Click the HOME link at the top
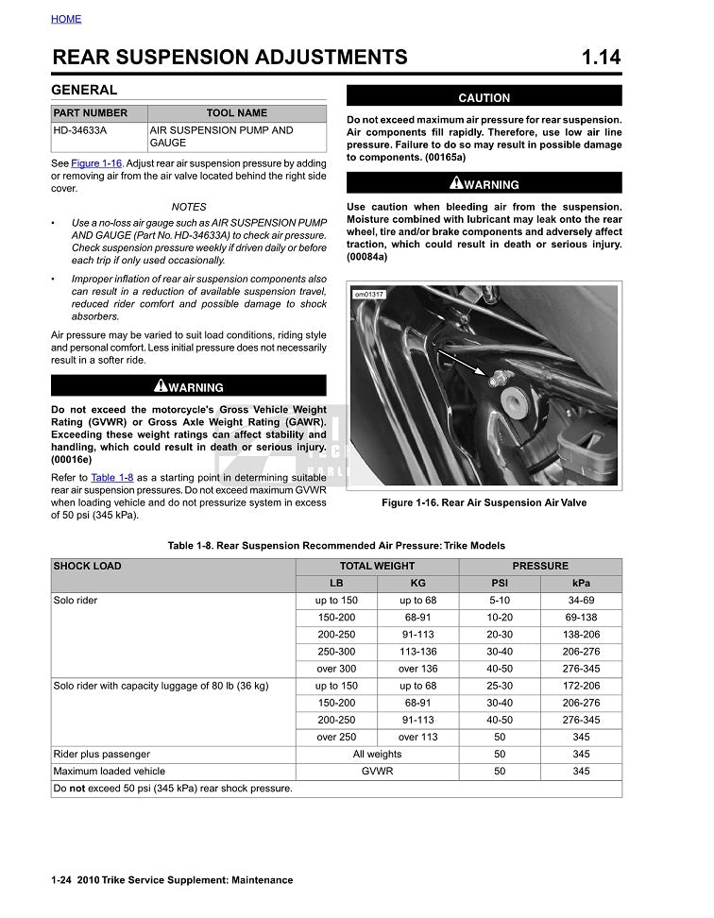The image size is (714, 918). [x=66, y=19]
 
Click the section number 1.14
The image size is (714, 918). [x=602, y=58]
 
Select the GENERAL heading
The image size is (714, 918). [x=84, y=91]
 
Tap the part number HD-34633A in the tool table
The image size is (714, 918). [x=80, y=130]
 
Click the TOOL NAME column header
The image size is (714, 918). [x=236, y=113]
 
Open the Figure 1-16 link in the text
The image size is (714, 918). [x=97, y=163]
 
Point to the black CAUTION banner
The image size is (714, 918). [x=484, y=97]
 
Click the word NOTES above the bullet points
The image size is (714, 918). [x=189, y=207]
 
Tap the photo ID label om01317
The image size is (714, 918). [x=367, y=295]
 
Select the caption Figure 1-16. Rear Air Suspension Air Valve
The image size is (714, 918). [x=484, y=502]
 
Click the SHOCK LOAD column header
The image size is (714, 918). [x=88, y=567]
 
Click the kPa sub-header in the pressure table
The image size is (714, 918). [x=581, y=584]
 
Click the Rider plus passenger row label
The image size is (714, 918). [x=102, y=755]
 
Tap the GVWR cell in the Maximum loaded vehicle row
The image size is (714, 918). [x=377, y=772]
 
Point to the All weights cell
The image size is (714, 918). [x=377, y=755]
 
